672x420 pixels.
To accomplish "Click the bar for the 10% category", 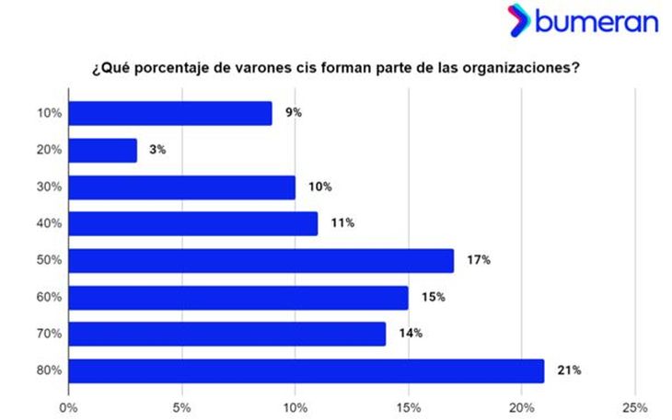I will pos(170,113).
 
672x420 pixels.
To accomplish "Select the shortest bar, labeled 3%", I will pos(102,150).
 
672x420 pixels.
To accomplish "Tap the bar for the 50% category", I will pos(261,260).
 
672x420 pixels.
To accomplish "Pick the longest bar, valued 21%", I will pos(306,370).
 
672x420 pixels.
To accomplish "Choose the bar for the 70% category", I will pos(226,334).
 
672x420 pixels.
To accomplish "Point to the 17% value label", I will pos(479,260).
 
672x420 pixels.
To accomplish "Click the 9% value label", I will pos(294,113).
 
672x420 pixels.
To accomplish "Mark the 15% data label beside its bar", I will pos(434,297).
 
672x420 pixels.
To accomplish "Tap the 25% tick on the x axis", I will pos(635,406).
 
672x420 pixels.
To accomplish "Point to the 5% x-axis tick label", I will pos(182,406).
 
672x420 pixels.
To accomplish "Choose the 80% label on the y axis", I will pos(49,370).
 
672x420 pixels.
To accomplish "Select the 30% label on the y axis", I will pos(49,187).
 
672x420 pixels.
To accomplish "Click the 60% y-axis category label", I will pos(49,297).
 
